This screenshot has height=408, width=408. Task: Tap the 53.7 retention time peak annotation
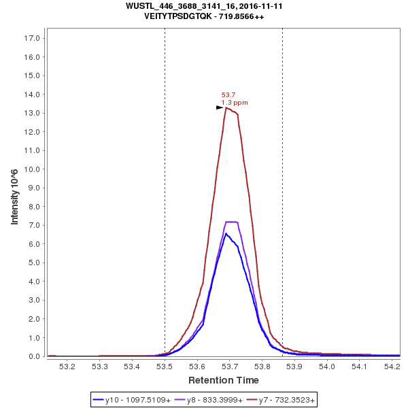click(x=228, y=95)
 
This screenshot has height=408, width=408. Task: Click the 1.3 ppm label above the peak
click(x=235, y=103)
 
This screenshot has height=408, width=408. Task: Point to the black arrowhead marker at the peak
click(x=220, y=107)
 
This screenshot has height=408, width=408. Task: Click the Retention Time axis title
click(x=223, y=379)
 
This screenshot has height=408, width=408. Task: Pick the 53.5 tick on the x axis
click(x=165, y=366)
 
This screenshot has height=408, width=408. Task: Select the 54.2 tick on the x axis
click(x=392, y=366)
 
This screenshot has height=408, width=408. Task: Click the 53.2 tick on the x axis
click(x=67, y=366)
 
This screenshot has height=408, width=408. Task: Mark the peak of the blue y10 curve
click(x=226, y=234)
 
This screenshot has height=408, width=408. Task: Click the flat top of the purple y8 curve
click(x=231, y=222)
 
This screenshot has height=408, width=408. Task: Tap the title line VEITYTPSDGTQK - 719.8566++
click(x=204, y=16)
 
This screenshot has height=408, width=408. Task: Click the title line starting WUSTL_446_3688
click(x=204, y=5)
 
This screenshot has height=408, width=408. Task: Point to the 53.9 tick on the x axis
click(x=294, y=366)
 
